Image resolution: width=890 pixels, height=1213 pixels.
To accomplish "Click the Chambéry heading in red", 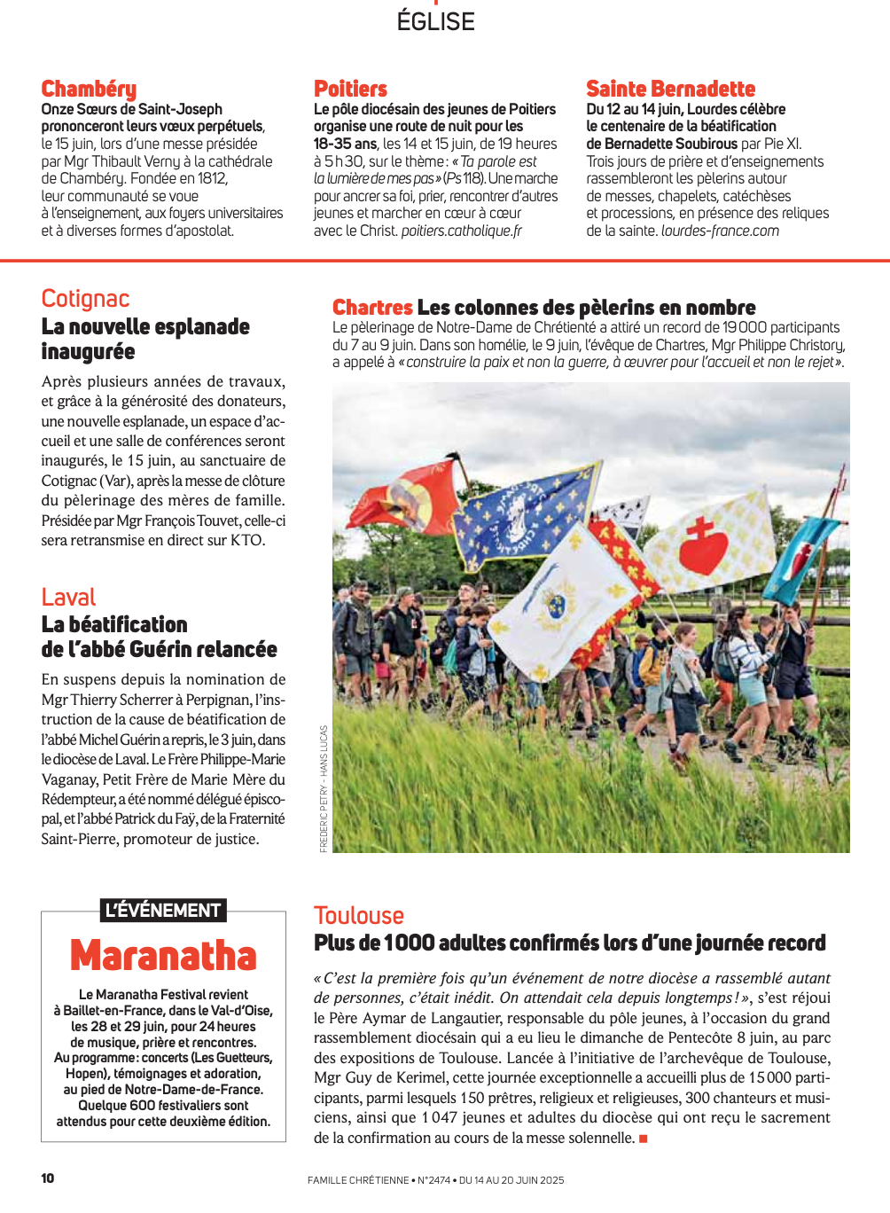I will (89, 89).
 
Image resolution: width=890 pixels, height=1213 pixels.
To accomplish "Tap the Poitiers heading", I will (350, 89).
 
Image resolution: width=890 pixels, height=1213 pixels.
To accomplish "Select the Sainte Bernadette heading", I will (670, 89).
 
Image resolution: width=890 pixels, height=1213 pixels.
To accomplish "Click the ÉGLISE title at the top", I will (435, 21).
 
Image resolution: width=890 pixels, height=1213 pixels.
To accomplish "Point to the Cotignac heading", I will (85, 299).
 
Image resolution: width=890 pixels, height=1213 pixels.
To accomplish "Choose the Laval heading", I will (68, 598).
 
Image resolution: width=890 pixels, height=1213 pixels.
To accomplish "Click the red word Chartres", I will (372, 308).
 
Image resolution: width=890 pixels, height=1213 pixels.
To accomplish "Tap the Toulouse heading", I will (358, 916).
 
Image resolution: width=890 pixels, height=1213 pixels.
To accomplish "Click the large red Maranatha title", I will (163, 956).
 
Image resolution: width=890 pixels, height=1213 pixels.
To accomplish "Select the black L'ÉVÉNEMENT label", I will (163, 911).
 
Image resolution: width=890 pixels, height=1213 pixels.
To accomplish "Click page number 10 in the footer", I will (48, 1178).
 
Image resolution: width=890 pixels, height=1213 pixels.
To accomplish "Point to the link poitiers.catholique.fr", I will (461, 231).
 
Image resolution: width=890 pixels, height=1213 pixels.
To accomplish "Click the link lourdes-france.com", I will (720, 231).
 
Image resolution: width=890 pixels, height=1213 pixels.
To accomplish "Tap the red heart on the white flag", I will (703, 547).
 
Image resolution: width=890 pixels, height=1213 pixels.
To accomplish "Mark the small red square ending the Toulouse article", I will (644, 1139).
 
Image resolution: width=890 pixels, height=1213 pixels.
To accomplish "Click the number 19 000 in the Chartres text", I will (745, 327).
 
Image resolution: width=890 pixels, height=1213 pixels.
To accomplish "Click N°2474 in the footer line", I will (433, 1180).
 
